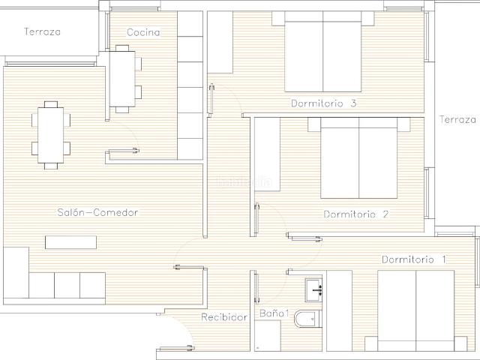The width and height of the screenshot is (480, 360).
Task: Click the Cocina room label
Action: [143, 32]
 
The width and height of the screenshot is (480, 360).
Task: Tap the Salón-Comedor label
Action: [97, 212]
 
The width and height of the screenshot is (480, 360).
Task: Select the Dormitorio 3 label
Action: [323, 103]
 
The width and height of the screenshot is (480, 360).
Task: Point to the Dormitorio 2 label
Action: [356, 214]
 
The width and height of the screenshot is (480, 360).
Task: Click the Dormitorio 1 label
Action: [414, 259]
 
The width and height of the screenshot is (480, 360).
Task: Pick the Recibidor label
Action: [224, 316]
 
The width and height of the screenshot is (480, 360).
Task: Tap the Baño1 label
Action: [274, 313]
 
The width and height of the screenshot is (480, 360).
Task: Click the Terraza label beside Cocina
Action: [42, 31]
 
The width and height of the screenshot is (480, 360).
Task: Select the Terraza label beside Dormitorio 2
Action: [457, 119]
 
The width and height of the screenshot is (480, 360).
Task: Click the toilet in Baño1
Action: [307, 319]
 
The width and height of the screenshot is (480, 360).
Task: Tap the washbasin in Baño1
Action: [313, 289]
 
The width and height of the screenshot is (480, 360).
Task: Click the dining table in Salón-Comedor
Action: [51, 135]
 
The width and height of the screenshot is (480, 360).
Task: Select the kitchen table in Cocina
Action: [122, 79]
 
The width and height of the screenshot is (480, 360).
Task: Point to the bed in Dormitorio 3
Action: [323, 52]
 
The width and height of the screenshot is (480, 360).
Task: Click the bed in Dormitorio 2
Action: [358, 158]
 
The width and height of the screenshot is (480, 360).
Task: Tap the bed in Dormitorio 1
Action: [416, 310]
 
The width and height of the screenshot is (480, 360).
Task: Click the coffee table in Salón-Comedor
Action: [70, 242]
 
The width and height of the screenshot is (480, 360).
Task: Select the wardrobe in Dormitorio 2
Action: [268, 154]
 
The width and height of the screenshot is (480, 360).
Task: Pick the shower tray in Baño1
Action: [268, 336]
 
